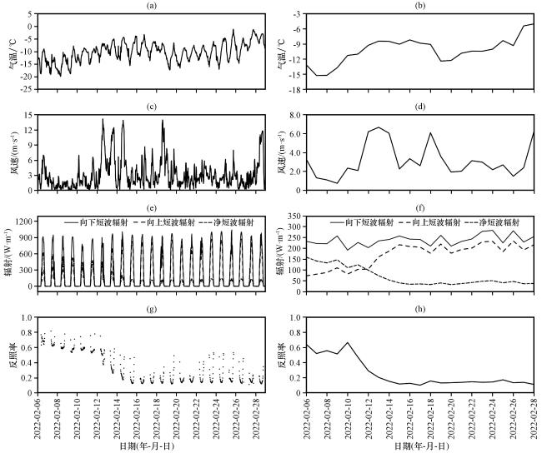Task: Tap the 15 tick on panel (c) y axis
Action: tap(30, 114)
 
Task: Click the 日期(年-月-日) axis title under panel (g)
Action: tap(151, 446)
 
